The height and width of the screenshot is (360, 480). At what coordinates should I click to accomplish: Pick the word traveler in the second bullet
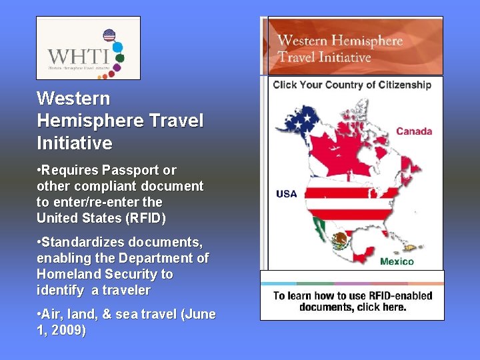[125, 291]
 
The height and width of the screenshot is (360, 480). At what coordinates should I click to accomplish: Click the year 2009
[69, 330]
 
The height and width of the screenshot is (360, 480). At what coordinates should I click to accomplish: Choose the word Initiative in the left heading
[75, 143]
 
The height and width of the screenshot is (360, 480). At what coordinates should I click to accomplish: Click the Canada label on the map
[413, 131]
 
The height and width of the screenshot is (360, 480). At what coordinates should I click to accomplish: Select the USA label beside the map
[286, 194]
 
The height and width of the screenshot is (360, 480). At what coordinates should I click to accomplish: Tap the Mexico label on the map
[397, 261]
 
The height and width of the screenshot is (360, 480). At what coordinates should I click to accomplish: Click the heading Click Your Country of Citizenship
[352, 85]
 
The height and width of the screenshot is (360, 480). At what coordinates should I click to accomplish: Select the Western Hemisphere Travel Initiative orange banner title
[340, 49]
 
